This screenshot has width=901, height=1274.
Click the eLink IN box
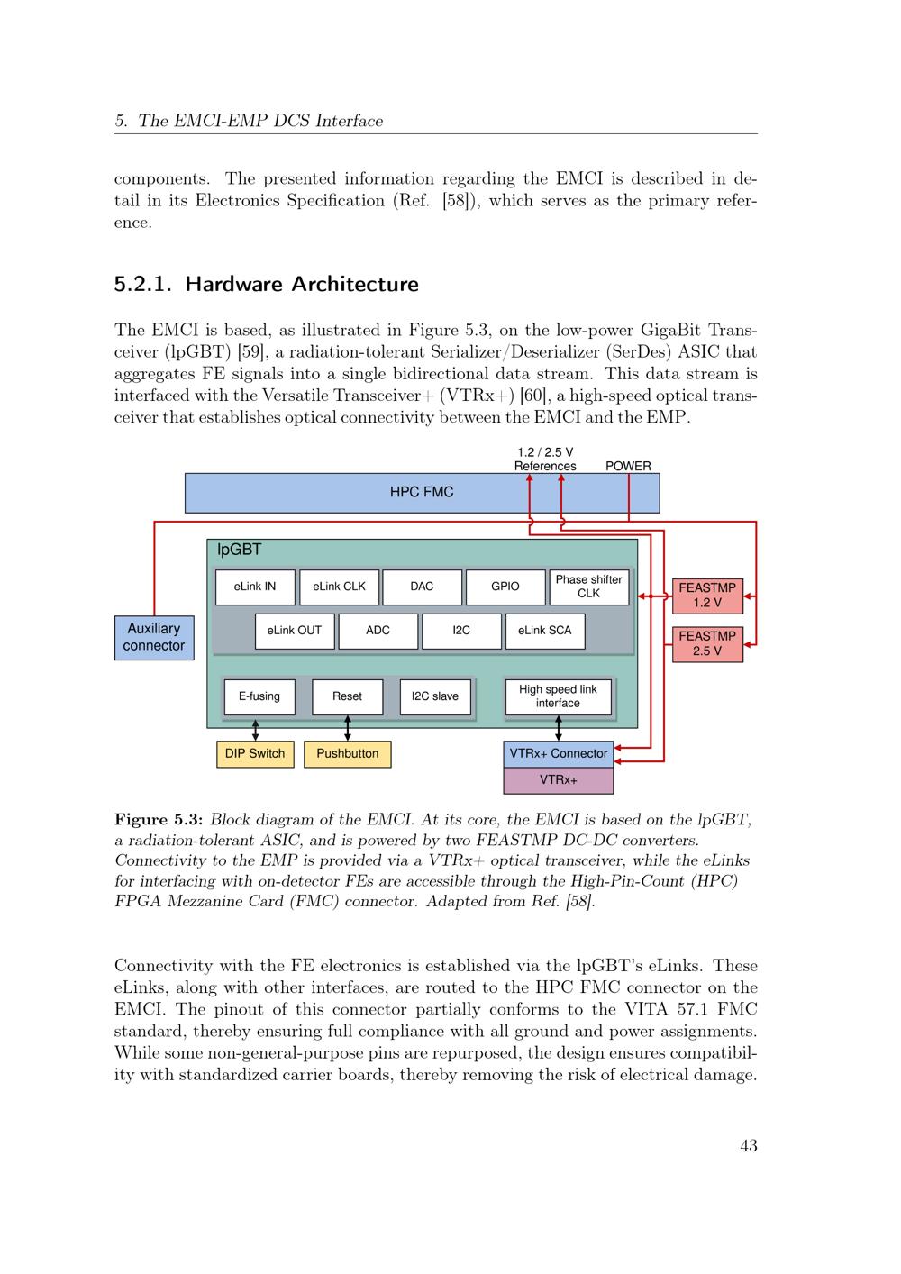pyautogui.click(x=255, y=587)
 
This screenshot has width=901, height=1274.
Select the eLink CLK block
pyautogui.click(x=339, y=587)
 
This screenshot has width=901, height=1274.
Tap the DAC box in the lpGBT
pyautogui.click(x=422, y=587)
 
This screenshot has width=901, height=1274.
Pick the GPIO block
pyautogui.click(x=505, y=587)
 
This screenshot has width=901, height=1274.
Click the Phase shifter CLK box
pyautogui.click(x=588, y=587)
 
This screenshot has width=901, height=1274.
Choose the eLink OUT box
pyautogui.click(x=295, y=631)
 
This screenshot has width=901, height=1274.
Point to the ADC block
pyautogui.click(x=378, y=631)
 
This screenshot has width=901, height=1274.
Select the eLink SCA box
pyautogui.click(x=545, y=631)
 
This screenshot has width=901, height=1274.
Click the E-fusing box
pyautogui.click(x=259, y=696)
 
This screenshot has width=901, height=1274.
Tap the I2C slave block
pyautogui.click(x=435, y=696)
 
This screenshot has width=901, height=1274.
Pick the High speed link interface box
pyautogui.click(x=558, y=696)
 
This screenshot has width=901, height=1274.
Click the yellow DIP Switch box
pyautogui.click(x=255, y=754)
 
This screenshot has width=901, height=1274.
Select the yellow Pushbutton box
pyautogui.click(x=348, y=754)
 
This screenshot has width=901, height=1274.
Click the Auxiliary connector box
pyautogui.click(x=154, y=638)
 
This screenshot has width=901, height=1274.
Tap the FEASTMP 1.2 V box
pyautogui.click(x=707, y=596)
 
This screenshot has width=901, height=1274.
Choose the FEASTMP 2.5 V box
pyautogui.click(x=707, y=644)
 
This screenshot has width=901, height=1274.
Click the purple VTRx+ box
pyautogui.click(x=559, y=780)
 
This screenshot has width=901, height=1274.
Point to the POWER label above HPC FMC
pyautogui.click(x=628, y=467)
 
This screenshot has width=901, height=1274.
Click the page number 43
pyautogui.click(x=749, y=1145)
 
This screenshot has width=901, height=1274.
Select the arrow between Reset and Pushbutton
pyautogui.click(x=348, y=728)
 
